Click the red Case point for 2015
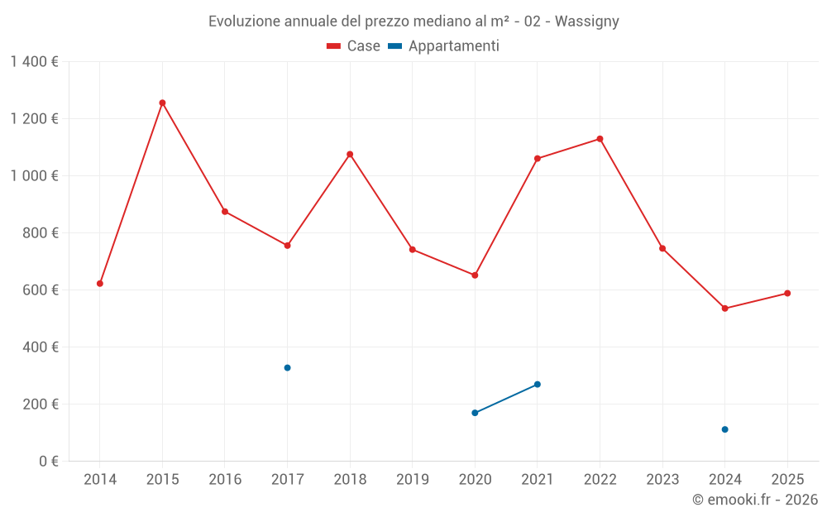coord(162,103)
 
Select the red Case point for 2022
coord(600,139)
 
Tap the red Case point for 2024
coord(724,309)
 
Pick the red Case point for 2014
coord(100,284)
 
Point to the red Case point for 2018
coord(350,154)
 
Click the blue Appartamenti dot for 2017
coord(287,367)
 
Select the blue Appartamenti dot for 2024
coord(724,429)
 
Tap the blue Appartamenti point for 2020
coord(475,413)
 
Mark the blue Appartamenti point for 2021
coord(538,385)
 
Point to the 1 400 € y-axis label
coord(34,62)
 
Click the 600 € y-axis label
coord(42,290)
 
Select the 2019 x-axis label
coord(413,480)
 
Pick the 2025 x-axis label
coord(787,480)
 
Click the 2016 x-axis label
coord(225,480)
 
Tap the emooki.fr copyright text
coord(755,500)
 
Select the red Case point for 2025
coord(787,294)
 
